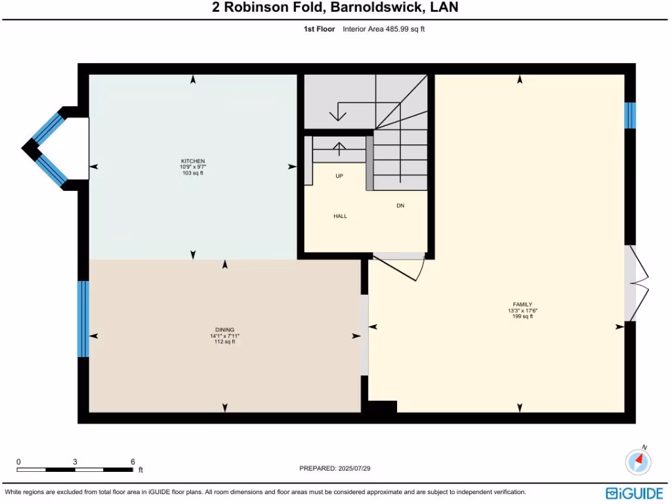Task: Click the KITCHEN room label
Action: [193, 161]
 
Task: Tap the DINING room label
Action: [224, 329]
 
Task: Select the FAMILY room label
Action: [522, 304]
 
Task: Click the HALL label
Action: [340, 216]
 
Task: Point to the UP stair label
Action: [339, 176]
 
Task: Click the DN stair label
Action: [400, 205]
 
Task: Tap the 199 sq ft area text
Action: [522, 316]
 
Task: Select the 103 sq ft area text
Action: [193, 173]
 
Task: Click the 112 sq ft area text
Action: [224, 342]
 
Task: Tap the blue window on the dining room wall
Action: [83, 319]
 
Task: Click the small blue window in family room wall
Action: [630, 115]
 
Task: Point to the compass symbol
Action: [638, 462]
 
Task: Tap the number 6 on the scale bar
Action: [133, 462]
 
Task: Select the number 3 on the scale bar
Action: [75, 462]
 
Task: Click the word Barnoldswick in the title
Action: [372, 8]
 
